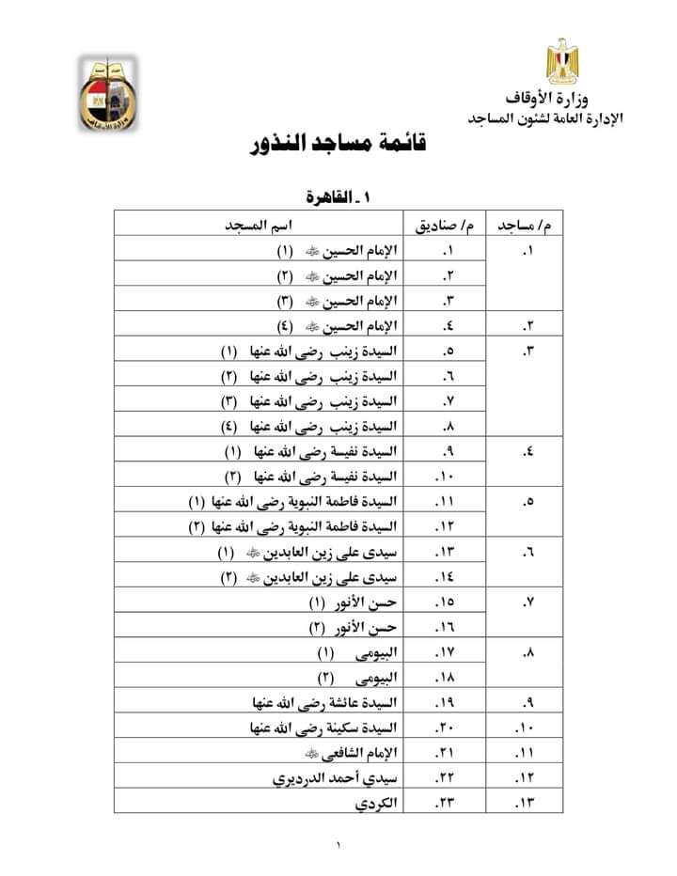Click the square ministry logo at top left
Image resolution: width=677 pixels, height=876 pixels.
(x=105, y=92)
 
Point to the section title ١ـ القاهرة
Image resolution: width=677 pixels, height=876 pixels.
(x=340, y=198)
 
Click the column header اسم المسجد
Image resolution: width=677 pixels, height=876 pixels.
(x=257, y=227)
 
